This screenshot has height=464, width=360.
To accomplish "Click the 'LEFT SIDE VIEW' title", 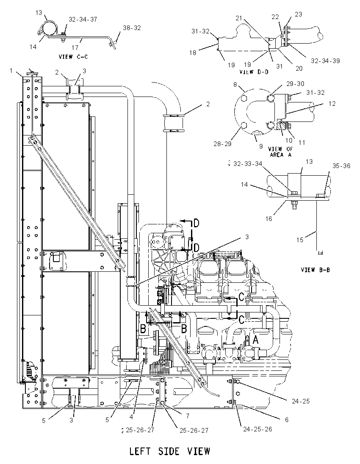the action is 170,452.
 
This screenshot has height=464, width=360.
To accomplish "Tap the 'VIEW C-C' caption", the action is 73,57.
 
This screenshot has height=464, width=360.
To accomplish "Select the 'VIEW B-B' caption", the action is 316,270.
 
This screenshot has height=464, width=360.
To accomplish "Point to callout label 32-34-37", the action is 83,19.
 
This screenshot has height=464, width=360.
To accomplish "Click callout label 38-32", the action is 132,28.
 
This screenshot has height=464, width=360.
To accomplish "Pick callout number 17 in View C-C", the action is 75,47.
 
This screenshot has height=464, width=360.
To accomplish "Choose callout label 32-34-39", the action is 325,61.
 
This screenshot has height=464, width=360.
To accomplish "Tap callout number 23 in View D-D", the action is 299,14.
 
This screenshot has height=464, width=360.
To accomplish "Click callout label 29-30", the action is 295,84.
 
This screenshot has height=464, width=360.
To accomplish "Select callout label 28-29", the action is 223,144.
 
